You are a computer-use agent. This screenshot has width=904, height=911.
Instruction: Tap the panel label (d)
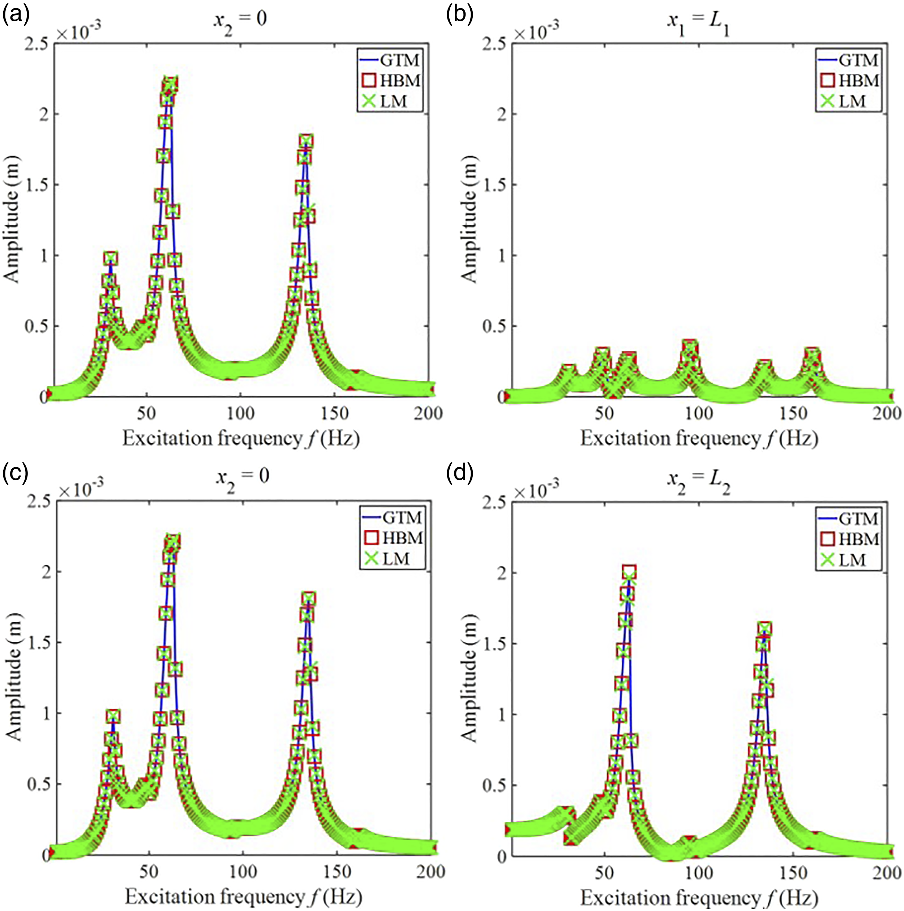(x=460, y=473)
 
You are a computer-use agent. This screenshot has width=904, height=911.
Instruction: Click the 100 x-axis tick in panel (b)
(x=698, y=413)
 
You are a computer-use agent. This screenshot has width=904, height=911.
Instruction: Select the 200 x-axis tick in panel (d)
(x=887, y=872)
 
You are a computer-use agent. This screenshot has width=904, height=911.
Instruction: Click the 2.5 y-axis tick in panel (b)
(x=495, y=44)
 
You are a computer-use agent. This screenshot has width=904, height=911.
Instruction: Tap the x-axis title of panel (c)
(x=243, y=897)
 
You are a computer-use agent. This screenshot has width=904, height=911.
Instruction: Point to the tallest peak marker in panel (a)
(x=170, y=85)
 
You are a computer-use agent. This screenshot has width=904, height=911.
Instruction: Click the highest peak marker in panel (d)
(x=630, y=572)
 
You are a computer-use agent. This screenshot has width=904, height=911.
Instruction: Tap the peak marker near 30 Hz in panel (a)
(x=111, y=258)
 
